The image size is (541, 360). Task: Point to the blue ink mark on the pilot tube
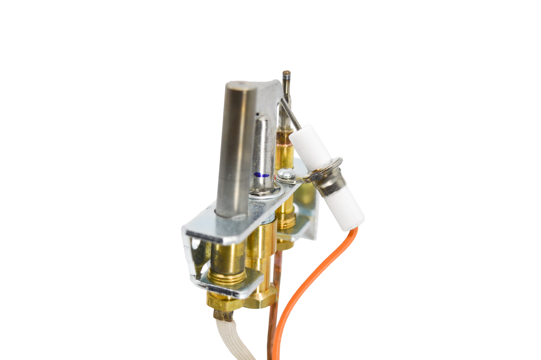pyautogui.click(x=261, y=175)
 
